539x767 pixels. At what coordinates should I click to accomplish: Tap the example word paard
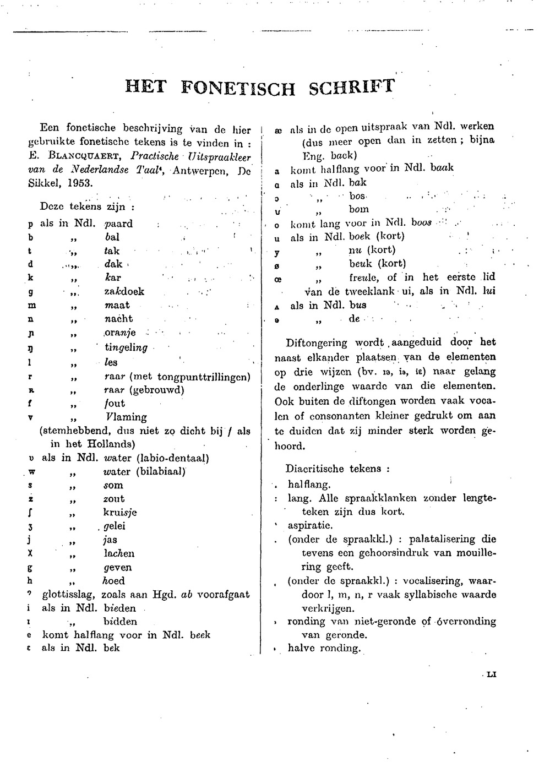(119, 224)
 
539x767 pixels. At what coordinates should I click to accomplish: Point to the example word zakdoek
(124, 291)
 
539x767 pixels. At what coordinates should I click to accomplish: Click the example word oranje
(121, 333)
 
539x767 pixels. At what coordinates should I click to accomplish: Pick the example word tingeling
(126, 347)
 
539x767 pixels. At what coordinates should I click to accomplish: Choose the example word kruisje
(120, 512)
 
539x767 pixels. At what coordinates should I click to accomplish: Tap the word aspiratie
(309, 525)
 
